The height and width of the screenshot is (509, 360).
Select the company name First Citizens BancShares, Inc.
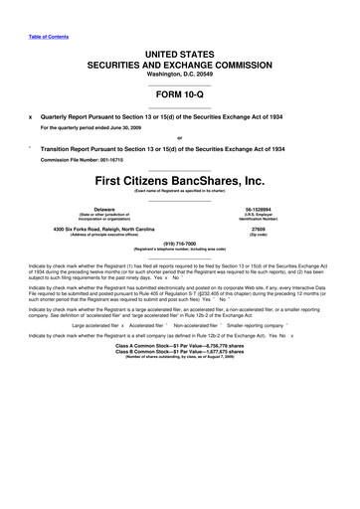(179, 180)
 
